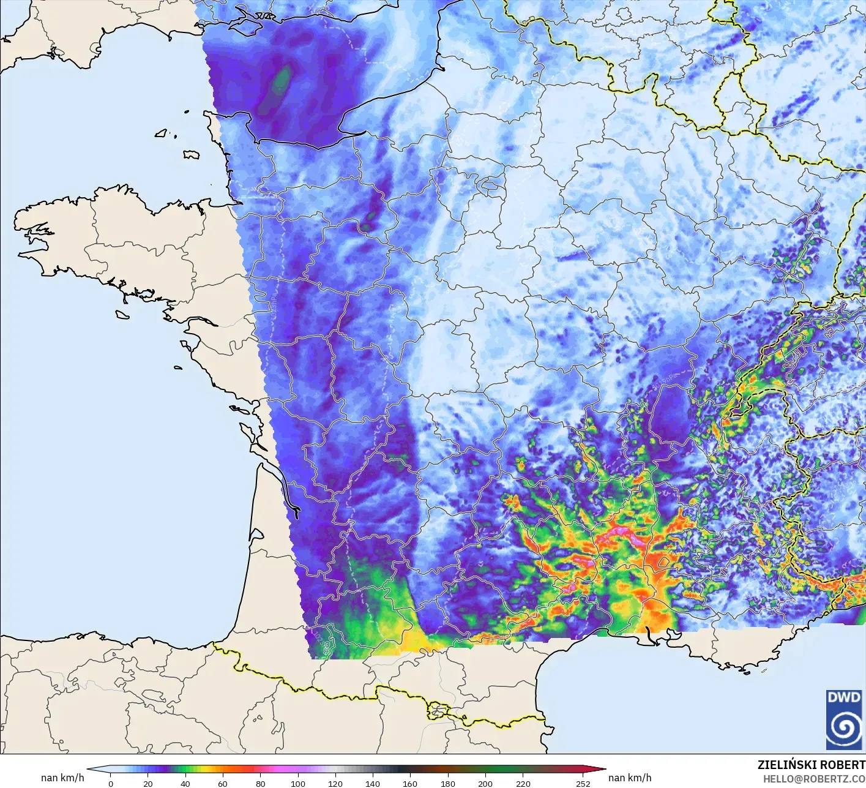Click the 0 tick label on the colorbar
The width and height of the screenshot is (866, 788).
[110, 783]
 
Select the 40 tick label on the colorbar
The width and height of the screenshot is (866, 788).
[185, 783]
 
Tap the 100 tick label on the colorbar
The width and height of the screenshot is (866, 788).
[298, 783]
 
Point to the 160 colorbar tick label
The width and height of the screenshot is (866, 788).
[410, 783]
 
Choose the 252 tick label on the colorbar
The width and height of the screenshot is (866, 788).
[583, 783]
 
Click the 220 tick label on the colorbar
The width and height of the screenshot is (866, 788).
[523, 783]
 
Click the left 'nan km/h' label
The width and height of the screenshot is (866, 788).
[62, 778]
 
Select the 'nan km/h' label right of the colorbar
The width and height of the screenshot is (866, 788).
[630, 778]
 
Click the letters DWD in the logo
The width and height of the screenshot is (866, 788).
[843, 697]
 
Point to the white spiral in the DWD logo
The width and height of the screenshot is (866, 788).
[843, 728]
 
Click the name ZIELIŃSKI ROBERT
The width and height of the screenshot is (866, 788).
[811, 765]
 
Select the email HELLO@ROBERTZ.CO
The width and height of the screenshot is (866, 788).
[813, 778]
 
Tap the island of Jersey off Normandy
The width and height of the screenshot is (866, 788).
[192, 154]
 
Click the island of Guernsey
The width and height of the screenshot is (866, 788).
[162, 133]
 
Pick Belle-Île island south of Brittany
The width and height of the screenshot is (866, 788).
[122, 313]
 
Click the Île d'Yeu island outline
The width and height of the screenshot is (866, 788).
[178, 368]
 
